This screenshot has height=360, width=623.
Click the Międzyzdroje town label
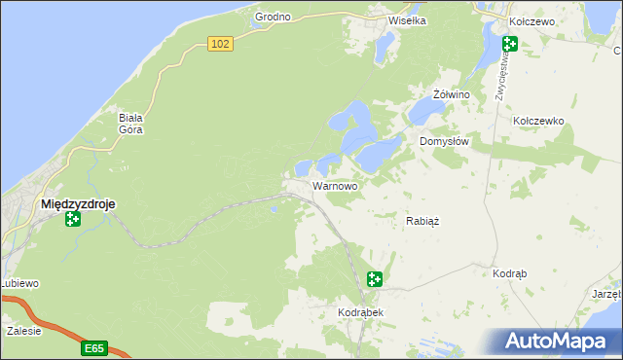(x=79, y=204)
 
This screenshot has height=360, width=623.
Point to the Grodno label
(x=274, y=18)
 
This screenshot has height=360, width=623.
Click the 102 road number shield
(x=221, y=44)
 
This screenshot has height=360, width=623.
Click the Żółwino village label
(x=451, y=94)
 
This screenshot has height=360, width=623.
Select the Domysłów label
(x=445, y=141)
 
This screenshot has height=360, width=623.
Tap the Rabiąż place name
(x=422, y=221)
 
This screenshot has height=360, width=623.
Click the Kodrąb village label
(x=510, y=274)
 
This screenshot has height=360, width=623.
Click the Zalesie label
(x=23, y=331)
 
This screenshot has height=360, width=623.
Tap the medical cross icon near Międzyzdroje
(x=72, y=220)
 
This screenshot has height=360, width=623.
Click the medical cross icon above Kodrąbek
(x=375, y=280)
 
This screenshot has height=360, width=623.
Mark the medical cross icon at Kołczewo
(x=509, y=43)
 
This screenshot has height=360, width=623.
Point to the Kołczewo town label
(x=532, y=20)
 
